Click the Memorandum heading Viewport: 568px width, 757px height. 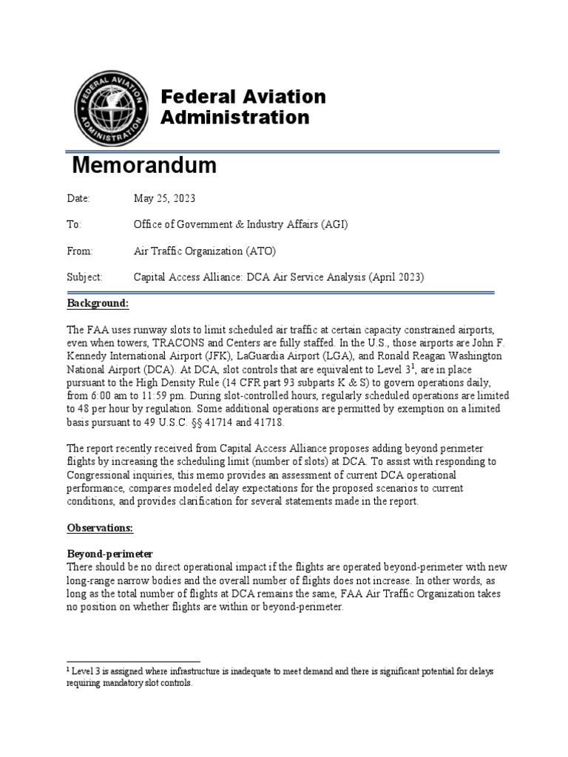tap(144, 166)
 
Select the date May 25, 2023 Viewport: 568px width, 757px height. tap(164, 199)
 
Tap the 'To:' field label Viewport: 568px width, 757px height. tap(75, 225)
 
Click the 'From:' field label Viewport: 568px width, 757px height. tap(80, 251)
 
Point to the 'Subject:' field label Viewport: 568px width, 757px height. tap(84, 277)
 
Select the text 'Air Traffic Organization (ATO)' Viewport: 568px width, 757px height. tap(203, 251)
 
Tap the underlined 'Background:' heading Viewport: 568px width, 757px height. tap(98, 304)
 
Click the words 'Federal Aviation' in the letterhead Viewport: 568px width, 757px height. tap(244, 97)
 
